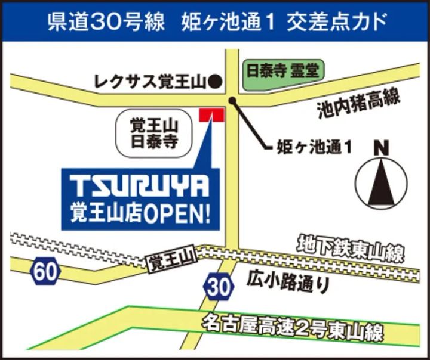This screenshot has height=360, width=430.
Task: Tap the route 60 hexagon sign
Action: pyautogui.click(x=46, y=272)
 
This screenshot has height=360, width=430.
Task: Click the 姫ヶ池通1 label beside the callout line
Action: pyautogui.click(x=314, y=147)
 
